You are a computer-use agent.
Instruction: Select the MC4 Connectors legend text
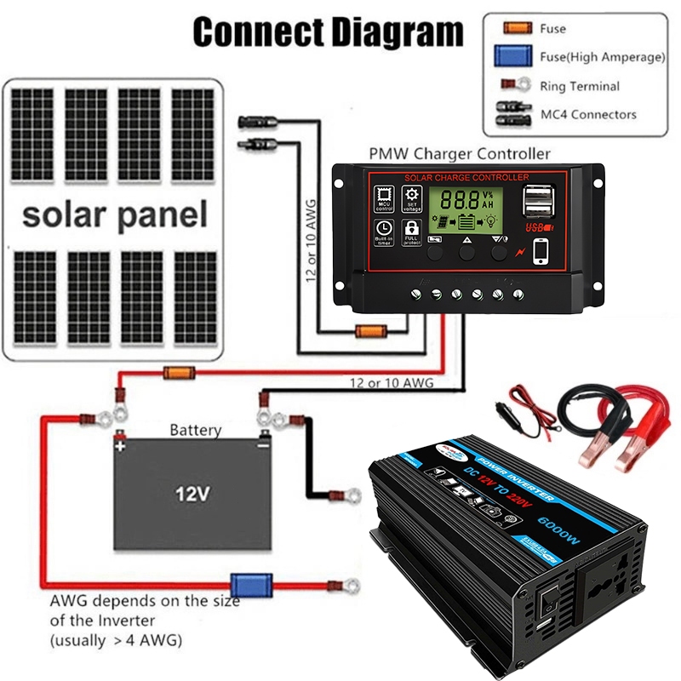(x=588, y=114)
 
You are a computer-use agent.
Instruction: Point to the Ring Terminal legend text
(x=580, y=86)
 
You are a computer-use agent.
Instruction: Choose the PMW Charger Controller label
(x=459, y=154)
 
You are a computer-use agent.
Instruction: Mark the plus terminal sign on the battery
(x=121, y=445)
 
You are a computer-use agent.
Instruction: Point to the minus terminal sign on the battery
(x=263, y=445)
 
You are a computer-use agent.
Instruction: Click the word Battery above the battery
(x=195, y=431)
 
